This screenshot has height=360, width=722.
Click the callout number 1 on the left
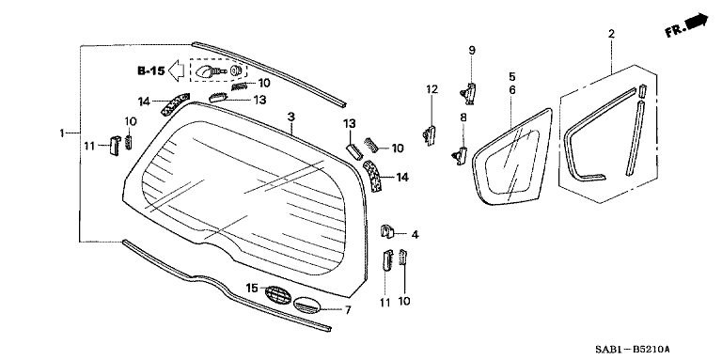pos(63,133)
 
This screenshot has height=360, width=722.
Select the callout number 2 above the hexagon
pos(611,35)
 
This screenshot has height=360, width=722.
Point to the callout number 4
pos(415,234)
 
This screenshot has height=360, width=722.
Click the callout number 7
pos(347,309)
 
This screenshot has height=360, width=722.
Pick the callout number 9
pos(473,50)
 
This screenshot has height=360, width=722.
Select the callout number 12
pos(432,89)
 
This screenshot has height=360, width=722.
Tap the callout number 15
pos(251,288)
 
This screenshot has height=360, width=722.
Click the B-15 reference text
pos(150,70)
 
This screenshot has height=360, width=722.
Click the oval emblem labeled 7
pos(306,305)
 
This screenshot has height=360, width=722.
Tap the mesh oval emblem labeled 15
pos(276,293)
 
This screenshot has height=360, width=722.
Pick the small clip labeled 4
pos(386,231)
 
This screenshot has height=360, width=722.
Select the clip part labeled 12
pos(430,134)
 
